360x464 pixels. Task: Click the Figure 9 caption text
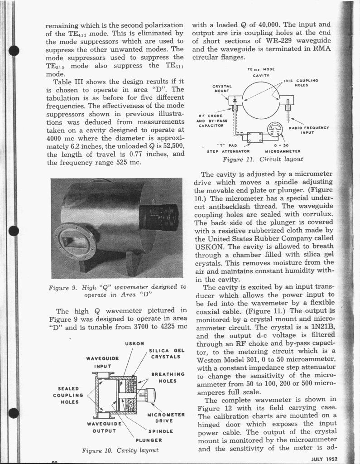pos(118,291)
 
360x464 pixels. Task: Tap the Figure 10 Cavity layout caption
pos(120,450)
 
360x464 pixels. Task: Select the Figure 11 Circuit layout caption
pos(263,159)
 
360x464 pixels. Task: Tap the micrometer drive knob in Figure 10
pos(148,396)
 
